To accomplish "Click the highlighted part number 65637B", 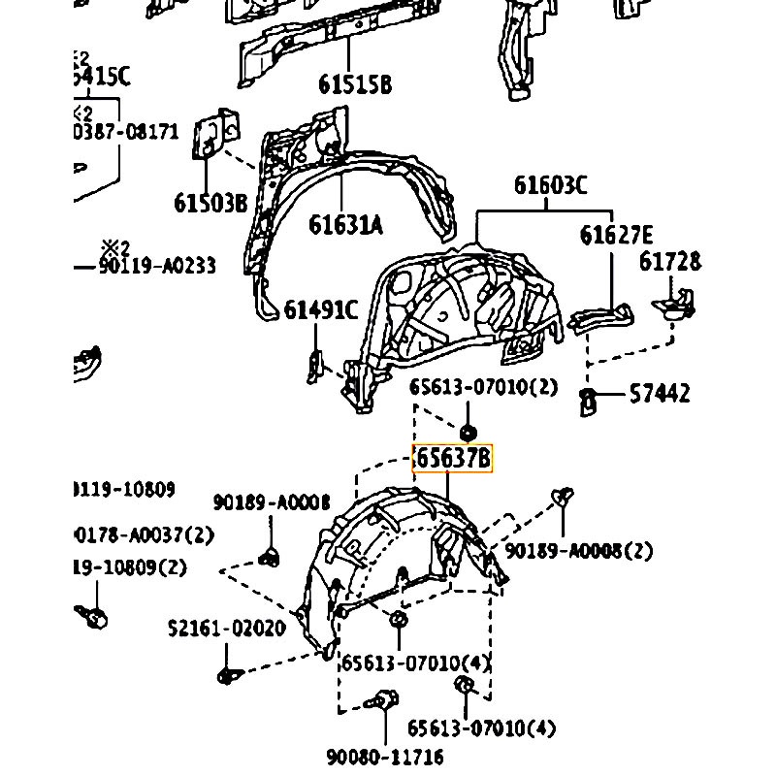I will [453, 459].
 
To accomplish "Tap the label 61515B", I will [355, 85].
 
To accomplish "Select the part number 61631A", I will [346, 225].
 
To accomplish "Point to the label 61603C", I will [550, 186].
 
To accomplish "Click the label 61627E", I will [616, 236].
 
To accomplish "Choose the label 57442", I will [660, 394].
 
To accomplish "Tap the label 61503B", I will [210, 203].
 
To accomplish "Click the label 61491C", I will [321, 310].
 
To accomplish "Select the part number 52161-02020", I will [226, 628].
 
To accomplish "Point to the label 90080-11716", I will [385, 756].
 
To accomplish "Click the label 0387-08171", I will [127, 131].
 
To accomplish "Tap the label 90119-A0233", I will [156, 266].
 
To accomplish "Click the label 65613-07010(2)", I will [484, 387].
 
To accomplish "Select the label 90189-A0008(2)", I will [579, 551].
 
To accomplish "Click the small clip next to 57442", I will [588, 399].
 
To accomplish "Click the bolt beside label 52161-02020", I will [227, 674].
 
